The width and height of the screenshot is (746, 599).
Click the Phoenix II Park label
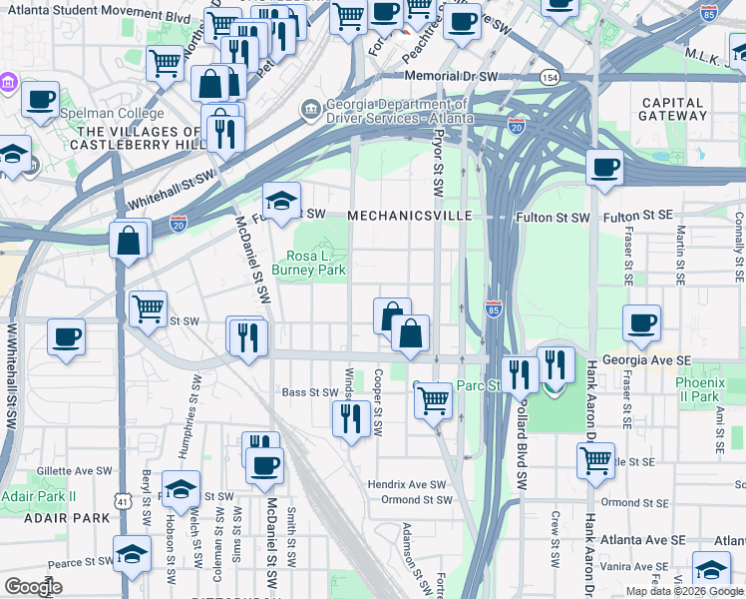point(697,389)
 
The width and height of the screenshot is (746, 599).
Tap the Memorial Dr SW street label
point(450,76)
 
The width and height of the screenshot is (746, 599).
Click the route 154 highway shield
point(551,77)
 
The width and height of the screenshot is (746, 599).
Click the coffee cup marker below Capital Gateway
point(604,167)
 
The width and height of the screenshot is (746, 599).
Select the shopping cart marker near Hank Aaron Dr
point(595,460)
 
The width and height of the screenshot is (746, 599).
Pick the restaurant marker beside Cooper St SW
point(350,418)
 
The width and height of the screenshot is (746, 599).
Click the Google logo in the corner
point(33,587)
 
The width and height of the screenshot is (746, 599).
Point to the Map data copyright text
point(684,591)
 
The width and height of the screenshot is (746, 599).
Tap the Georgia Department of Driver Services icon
point(311,107)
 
